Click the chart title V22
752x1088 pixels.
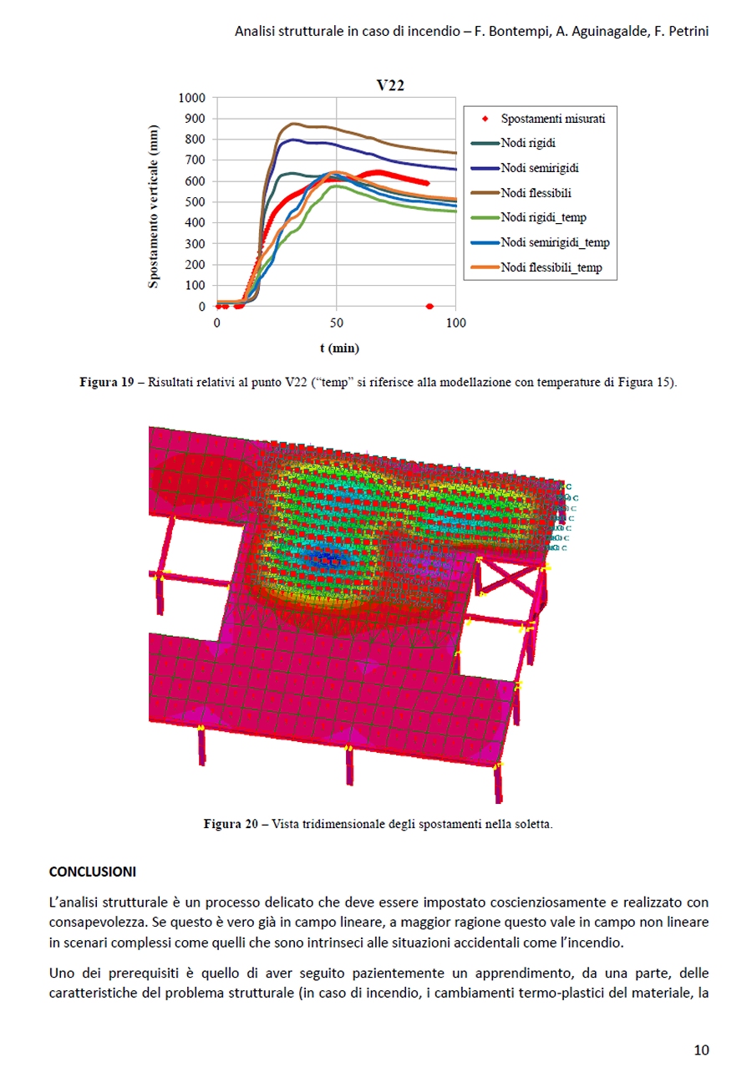[x=390, y=85]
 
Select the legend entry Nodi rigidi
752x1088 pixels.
[x=529, y=143]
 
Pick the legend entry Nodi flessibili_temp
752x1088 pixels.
[x=551, y=267]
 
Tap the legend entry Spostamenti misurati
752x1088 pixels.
[x=553, y=119]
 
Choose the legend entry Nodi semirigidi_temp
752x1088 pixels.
[x=555, y=243]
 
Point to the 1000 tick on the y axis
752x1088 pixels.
[x=191, y=97]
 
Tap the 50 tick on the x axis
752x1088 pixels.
[x=336, y=322]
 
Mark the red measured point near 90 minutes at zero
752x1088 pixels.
[x=429, y=307]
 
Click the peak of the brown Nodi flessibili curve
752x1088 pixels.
[x=292, y=124]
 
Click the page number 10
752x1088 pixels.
[x=701, y=1050]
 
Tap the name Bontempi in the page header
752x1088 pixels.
[x=521, y=32]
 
